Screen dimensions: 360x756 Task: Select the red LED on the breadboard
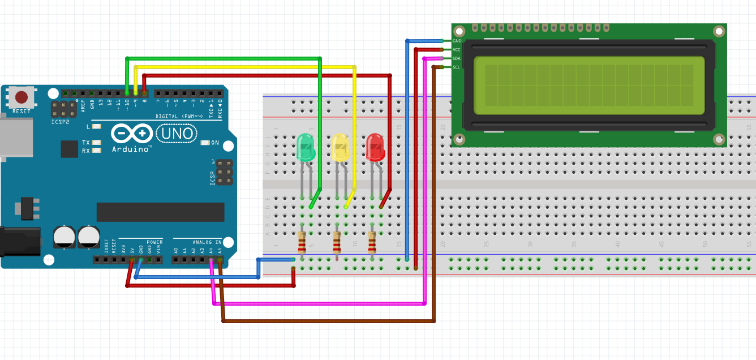click(x=375, y=147)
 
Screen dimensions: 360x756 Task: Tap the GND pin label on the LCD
click(x=457, y=41)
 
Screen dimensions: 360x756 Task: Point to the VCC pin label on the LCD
click(x=457, y=50)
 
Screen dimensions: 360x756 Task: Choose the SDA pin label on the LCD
click(x=457, y=59)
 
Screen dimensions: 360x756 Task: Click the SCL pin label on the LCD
click(x=457, y=67)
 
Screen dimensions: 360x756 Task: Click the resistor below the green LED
click(x=302, y=242)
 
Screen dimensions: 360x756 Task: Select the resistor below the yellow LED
click(x=337, y=243)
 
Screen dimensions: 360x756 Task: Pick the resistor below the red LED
click(x=372, y=243)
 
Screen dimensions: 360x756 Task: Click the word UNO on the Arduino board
click(x=177, y=134)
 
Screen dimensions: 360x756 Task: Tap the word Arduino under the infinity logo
click(x=131, y=149)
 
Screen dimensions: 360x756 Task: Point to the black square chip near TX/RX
click(x=69, y=149)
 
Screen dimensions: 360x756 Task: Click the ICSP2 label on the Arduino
click(x=61, y=121)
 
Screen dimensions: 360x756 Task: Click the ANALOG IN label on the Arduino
click(x=207, y=242)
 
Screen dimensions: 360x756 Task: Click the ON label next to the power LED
click(x=215, y=143)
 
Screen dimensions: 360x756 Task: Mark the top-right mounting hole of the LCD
click(x=719, y=32)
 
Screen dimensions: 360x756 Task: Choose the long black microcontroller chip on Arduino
click(x=160, y=212)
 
